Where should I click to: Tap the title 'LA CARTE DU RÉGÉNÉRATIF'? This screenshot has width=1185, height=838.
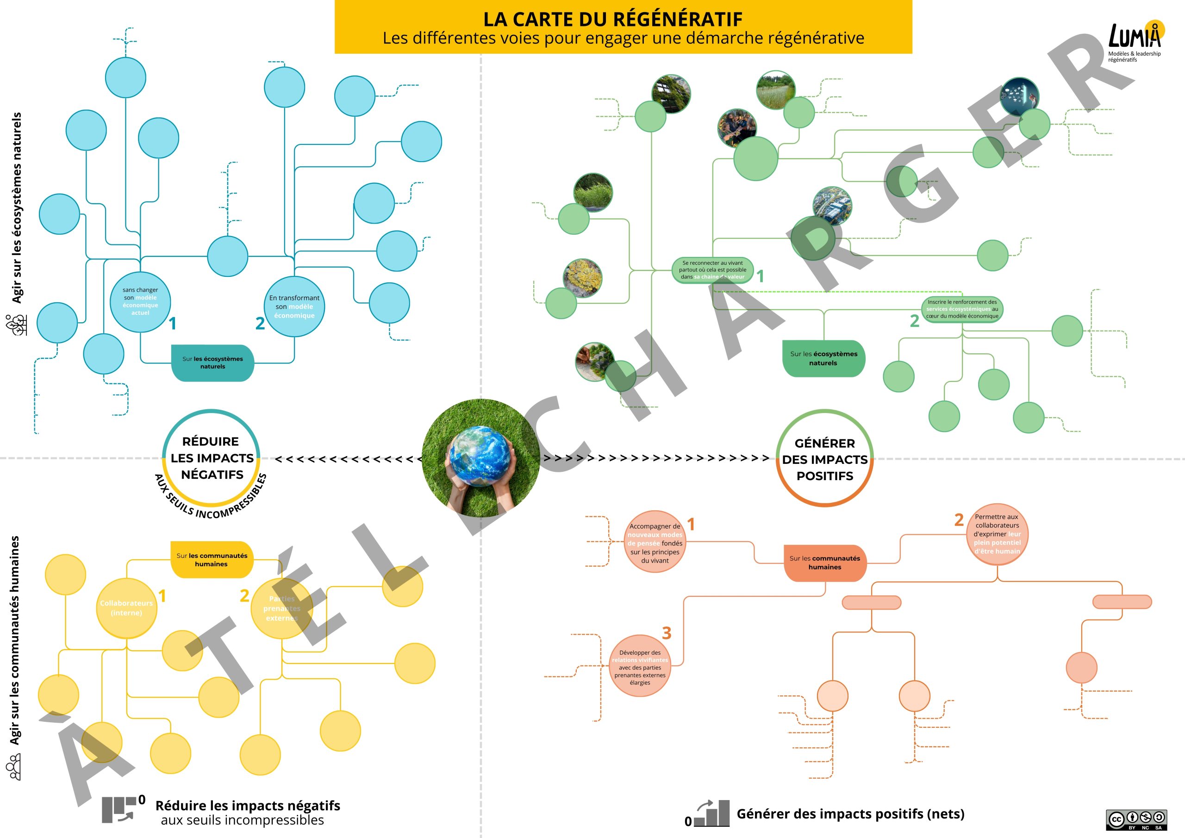pyautogui.click(x=612, y=19)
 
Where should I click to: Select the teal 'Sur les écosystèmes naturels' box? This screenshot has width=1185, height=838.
pyautogui.click(x=212, y=363)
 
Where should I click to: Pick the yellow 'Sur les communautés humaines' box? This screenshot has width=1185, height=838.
pyautogui.click(x=212, y=560)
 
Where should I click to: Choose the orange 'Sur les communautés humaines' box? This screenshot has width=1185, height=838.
pyautogui.click(x=825, y=563)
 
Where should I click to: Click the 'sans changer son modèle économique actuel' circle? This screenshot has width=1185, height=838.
pyautogui.click(x=140, y=301)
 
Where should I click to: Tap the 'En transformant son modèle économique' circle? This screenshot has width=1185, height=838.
pyautogui.click(x=294, y=306)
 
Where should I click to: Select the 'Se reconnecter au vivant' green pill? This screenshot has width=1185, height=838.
pyautogui.click(x=712, y=270)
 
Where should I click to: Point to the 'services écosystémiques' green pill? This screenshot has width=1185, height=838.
pyautogui.click(x=962, y=309)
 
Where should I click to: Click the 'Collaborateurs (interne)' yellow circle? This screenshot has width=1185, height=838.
pyautogui.click(x=126, y=608)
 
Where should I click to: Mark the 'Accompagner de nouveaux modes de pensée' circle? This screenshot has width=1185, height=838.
pyautogui.click(x=655, y=543)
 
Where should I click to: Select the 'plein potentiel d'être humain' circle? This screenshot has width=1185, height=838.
pyautogui.click(x=997, y=534)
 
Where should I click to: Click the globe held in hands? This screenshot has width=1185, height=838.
pyautogui.click(x=480, y=457)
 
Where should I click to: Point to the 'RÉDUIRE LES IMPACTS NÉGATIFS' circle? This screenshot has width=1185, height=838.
pyautogui.click(x=212, y=458)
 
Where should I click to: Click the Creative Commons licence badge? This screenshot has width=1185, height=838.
pyautogui.click(x=1136, y=819)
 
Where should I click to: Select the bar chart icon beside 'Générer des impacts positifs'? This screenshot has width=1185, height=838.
pyautogui.click(x=712, y=814)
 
